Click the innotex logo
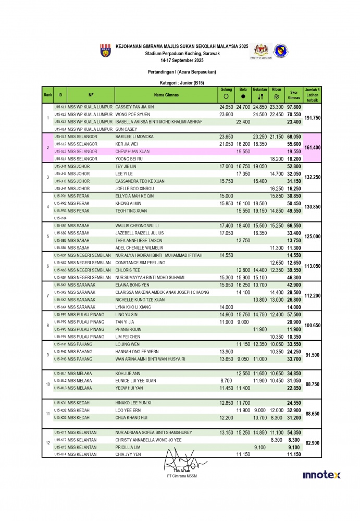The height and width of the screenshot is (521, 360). click(x=321, y=475)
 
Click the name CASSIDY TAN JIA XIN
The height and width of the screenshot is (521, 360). click(x=134, y=106)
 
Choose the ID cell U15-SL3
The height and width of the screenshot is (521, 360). click(x=60, y=151)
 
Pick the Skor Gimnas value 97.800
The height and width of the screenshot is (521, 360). click(x=294, y=106)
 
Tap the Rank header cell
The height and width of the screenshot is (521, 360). click(x=48, y=95)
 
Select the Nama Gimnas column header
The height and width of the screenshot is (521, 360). click(x=166, y=95)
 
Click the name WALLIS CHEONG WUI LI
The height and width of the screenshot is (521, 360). click(x=137, y=226)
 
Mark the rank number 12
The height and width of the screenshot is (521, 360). click(x=48, y=443)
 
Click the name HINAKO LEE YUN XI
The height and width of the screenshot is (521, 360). click(x=133, y=403)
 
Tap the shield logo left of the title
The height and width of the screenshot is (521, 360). click(x=105, y=51)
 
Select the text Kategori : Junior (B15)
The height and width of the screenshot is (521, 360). click(x=181, y=83)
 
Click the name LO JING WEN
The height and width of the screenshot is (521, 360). click(x=128, y=344)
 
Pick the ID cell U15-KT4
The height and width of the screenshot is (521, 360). click(x=60, y=454)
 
